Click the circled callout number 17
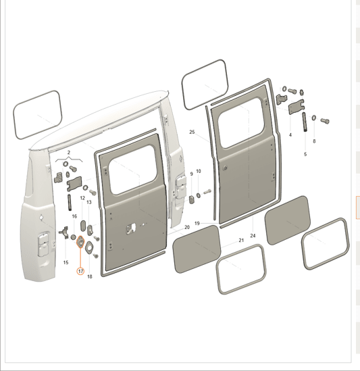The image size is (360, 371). (80, 271)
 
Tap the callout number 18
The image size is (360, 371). (90, 276)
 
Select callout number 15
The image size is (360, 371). (66, 262)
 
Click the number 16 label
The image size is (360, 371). (74, 216)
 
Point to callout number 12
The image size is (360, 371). (82, 198)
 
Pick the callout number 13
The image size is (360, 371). (89, 202)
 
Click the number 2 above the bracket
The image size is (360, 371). (69, 153)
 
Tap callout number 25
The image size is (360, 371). (192, 132)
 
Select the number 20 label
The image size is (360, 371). (187, 227)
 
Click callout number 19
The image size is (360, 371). (197, 223)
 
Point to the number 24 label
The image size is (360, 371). (253, 236)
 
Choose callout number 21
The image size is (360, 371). (241, 241)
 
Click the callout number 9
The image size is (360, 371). (192, 174)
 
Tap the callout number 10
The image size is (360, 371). (199, 171)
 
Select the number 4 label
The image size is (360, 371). (290, 135)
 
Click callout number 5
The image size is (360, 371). (305, 154)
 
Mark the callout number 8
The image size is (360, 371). (314, 141)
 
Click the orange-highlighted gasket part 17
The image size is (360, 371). (80, 242)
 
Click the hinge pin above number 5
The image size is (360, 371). (304, 122)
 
